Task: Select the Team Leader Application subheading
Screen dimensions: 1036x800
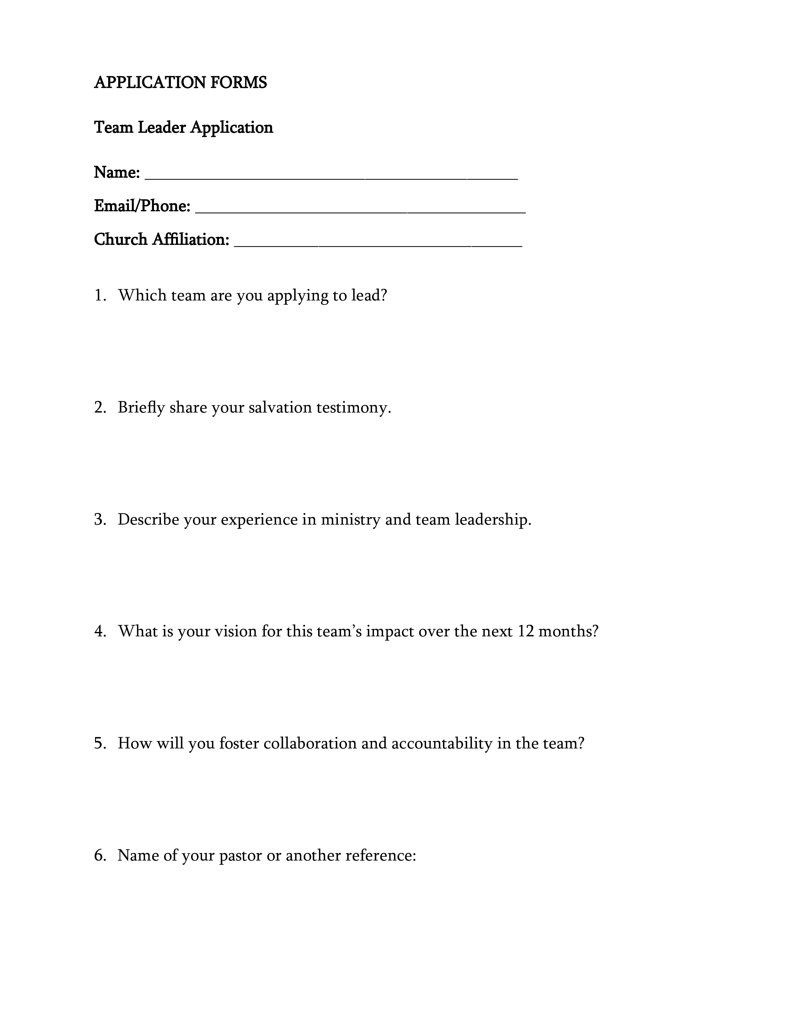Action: [184, 127]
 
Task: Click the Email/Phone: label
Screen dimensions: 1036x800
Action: [142, 206]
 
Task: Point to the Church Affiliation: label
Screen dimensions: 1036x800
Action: [162, 240]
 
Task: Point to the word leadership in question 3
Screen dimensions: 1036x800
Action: [493, 520]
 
